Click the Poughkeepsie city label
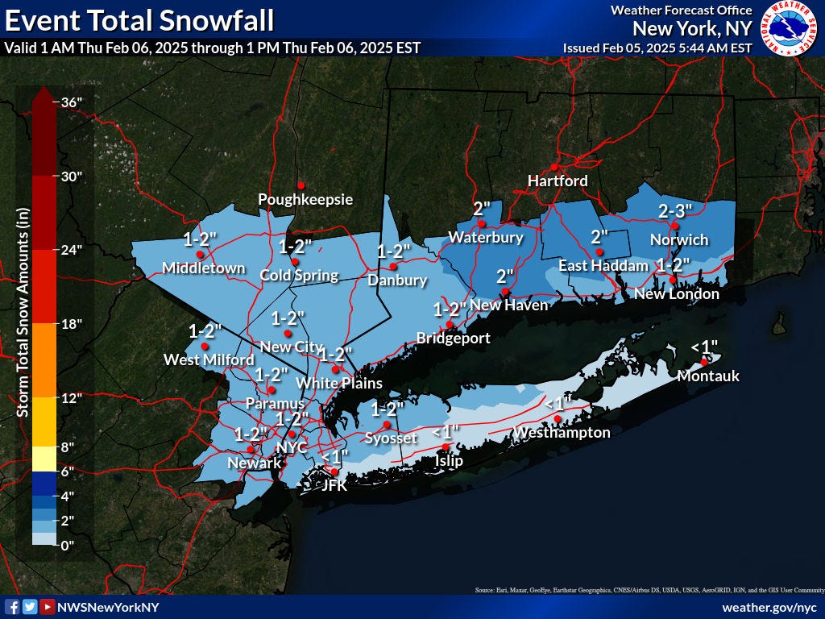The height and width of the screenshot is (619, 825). point(305,199)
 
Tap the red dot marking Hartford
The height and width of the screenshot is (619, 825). point(554,167)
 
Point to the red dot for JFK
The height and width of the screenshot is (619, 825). point(335,472)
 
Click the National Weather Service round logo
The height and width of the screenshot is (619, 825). point(790,28)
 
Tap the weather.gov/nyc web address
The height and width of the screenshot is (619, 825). point(769,607)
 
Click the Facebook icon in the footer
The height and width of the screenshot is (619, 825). point(12,607)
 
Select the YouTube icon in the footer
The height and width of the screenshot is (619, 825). point(48,607)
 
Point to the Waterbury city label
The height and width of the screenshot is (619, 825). point(486,238)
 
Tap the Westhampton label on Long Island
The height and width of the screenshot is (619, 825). point(562,433)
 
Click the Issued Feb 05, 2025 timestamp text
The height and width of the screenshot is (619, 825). point(657,48)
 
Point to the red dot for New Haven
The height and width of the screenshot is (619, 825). point(505,292)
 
